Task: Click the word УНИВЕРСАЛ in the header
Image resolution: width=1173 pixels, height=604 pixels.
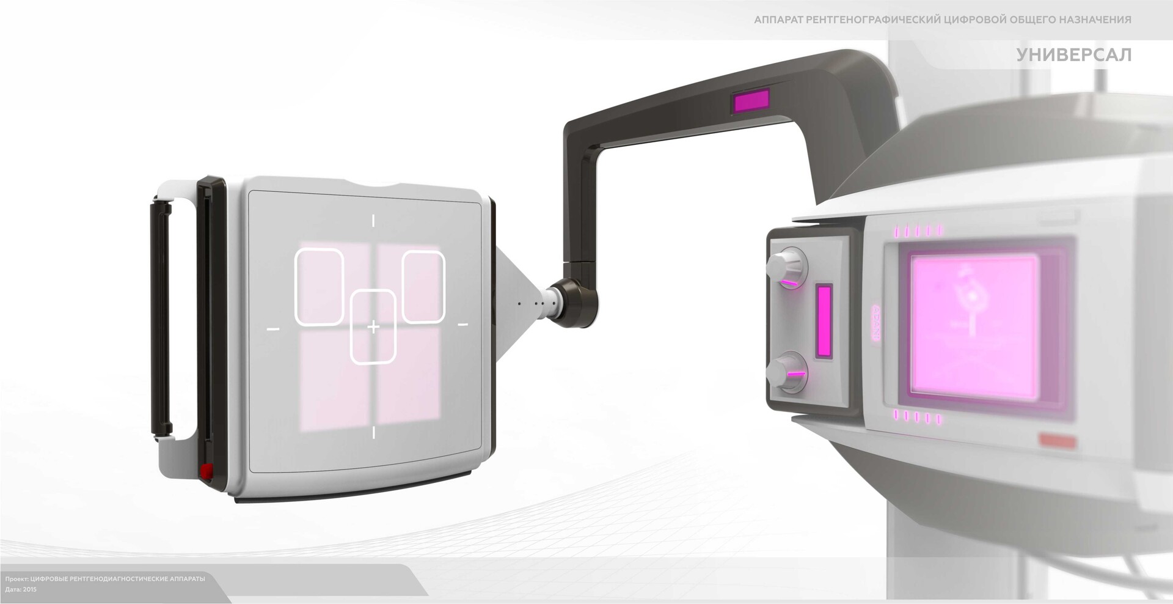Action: click(1073, 55)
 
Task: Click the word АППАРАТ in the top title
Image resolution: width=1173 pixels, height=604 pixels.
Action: click(777, 20)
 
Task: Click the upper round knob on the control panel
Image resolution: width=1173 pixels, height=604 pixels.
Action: click(786, 264)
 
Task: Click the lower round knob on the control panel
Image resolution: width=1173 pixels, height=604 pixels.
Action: click(786, 370)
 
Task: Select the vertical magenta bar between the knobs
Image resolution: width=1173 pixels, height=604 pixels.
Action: click(824, 320)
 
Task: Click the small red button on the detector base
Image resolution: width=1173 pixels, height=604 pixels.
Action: click(205, 470)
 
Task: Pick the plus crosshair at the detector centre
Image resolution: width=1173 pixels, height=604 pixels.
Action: click(373, 328)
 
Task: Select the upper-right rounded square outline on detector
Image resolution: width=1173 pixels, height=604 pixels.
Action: click(423, 286)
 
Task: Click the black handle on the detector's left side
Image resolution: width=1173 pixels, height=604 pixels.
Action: click(161, 317)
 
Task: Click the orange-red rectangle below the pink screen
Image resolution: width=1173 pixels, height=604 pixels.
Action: click(1057, 440)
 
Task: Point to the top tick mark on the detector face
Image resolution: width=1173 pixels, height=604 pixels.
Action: click(373, 221)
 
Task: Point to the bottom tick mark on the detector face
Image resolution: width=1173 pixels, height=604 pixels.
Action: click(373, 433)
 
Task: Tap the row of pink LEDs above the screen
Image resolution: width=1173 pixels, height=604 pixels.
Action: click(919, 231)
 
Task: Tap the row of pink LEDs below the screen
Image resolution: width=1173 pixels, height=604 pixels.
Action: click(919, 418)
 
